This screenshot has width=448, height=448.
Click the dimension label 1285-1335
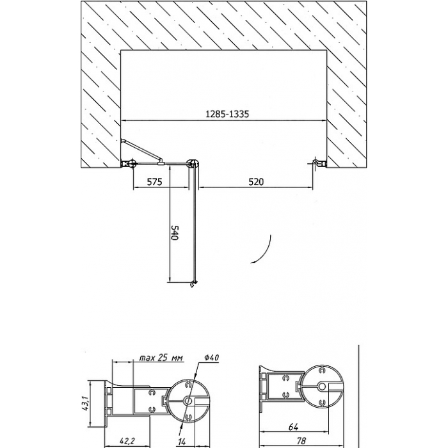click(227, 114)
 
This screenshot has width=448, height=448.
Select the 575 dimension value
click(154, 182)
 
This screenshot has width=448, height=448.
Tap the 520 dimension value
click(256, 182)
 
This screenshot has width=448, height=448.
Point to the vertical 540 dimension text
click(174, 233)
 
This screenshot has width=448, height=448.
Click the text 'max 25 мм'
click(161, 358)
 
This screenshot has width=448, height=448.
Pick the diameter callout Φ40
click(212, 357)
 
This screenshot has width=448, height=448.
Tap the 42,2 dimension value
click(127, 441)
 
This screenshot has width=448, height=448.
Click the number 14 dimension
click(182, 442)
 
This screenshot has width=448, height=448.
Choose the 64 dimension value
click(293, 427)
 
